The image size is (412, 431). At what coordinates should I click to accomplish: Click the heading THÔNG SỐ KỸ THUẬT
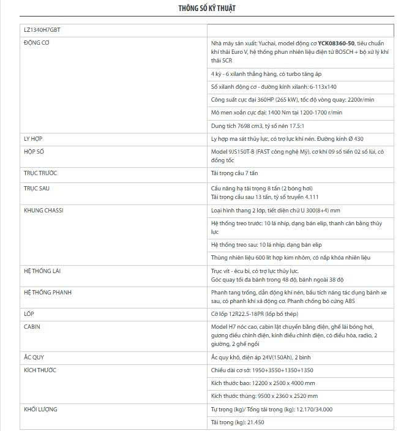[x=206, y=9]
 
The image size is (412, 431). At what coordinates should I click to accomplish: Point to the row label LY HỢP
[x=33, y=139]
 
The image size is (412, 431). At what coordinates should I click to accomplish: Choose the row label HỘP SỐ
[x=34, y=151]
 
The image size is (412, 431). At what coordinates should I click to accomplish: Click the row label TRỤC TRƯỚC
[x=40, y=173]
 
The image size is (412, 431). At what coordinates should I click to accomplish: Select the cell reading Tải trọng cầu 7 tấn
[x=238, y=173]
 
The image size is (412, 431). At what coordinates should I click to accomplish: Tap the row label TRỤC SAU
[x=37, y=189]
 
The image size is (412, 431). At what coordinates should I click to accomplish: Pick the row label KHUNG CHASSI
[x=43, y=211]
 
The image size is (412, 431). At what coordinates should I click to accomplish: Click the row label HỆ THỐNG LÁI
[x=42, y=271]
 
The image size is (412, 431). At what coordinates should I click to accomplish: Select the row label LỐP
[x=29, y=313]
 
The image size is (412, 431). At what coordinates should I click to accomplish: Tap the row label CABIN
[x=32, y=327]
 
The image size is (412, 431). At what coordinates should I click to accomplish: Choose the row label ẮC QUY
[x=34, y=357]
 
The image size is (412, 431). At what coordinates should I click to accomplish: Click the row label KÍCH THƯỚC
[x=39, y=370]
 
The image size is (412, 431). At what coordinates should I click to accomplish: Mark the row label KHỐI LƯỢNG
[x=40, y=409]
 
